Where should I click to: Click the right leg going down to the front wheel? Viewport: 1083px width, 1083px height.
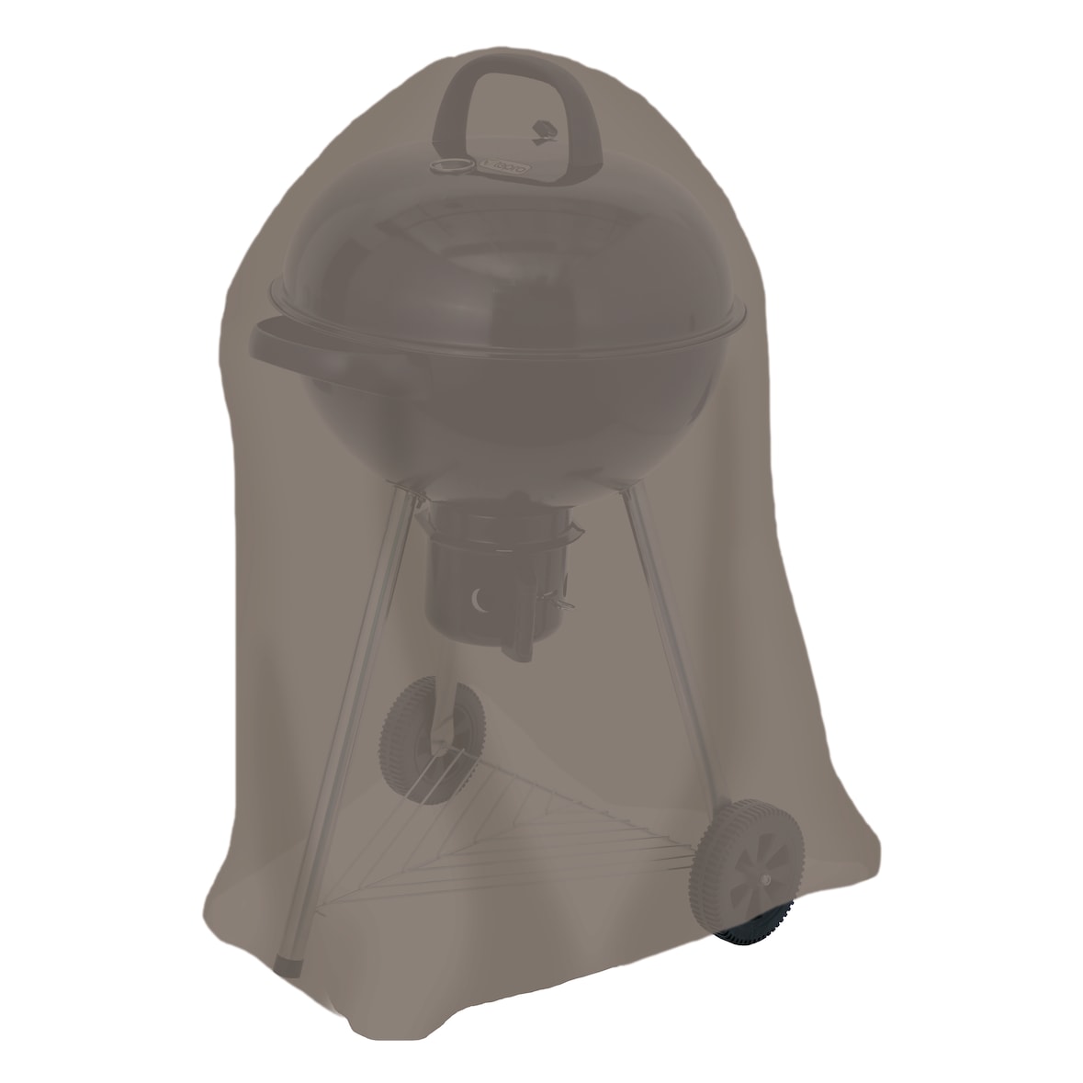coord(666,643)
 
